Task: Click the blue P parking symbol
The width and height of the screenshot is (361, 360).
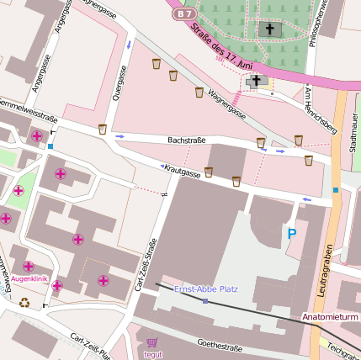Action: click(x=292, y=233)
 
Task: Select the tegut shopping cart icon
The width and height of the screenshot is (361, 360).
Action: click(x=152, y=342)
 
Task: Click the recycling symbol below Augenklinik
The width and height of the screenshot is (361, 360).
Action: click(x=25, y=303)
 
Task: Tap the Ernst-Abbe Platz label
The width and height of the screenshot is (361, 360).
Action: click(x=204, y=289)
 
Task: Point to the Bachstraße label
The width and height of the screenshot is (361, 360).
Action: click(x=187, y=140)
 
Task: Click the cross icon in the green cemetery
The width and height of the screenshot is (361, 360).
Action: click(x=271, y=29)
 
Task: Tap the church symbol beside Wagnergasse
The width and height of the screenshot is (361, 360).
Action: click(x=256, y=82)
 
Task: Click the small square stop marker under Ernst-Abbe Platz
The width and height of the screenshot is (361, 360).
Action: click(x=204, y=300)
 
